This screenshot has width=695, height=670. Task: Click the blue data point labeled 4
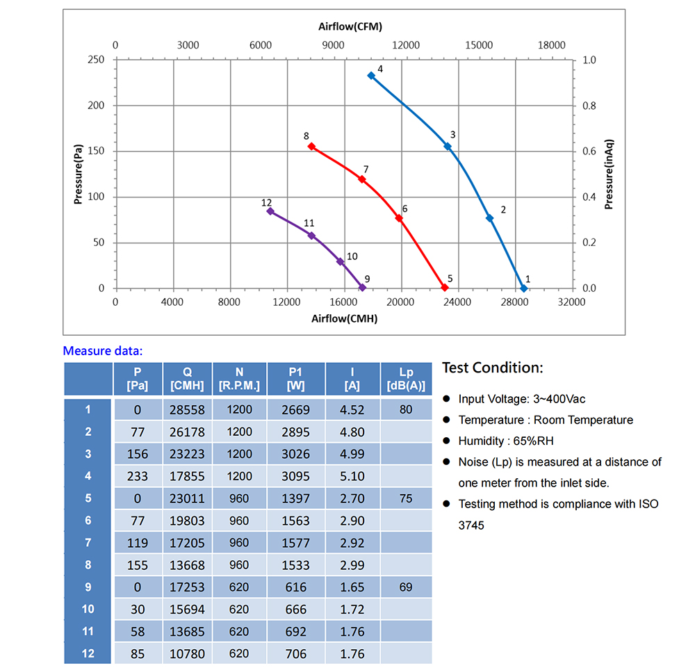tap(371, 75)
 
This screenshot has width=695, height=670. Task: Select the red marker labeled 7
tap(361, 179)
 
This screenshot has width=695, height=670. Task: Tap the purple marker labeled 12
tap(270, 211)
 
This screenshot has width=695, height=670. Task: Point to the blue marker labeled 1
tap(523, 288)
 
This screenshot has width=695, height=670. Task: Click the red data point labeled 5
tap(445, 288)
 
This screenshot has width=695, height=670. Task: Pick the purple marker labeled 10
tap(341, 261)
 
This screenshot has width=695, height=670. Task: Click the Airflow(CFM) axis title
tap(350, 27)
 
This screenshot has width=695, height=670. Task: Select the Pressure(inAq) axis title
tap(609, 174)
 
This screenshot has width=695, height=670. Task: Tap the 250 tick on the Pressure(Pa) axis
tap(97, 60)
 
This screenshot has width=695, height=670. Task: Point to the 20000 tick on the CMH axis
tap(400, 302)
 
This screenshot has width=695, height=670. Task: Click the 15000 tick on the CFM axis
tap(478, 45)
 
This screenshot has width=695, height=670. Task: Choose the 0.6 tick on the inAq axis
tap(589, 152)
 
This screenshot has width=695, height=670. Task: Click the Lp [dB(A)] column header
tap(406, 379)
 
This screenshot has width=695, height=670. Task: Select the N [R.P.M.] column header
tap(239, 379)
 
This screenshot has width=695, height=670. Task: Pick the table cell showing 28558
tap(188, 410)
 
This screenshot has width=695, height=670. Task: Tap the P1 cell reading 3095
tap(296, 476)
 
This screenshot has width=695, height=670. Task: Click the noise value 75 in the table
tap(406, 498)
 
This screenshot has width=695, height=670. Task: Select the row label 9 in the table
tap(88, 587)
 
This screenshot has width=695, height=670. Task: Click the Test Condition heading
tap(492, 368)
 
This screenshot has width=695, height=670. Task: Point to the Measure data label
tap(102, 351)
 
